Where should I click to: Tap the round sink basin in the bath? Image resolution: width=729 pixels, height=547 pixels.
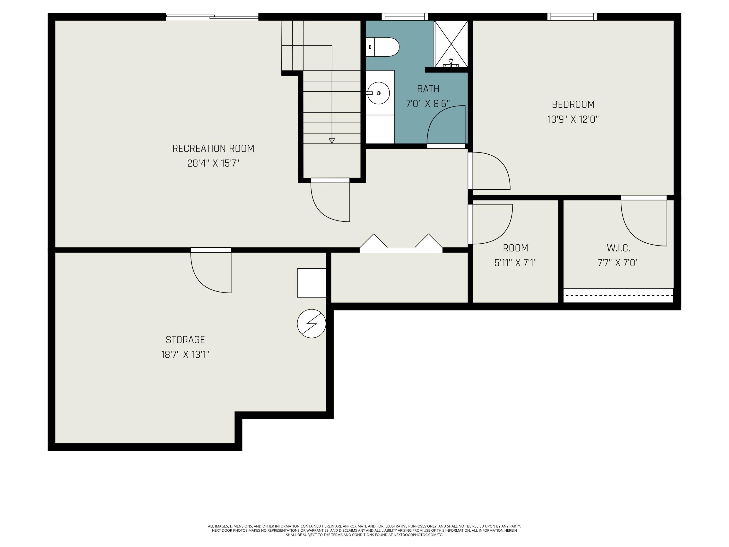(x=378, y=93)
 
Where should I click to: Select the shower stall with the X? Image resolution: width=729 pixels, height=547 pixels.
(x=451, y=44)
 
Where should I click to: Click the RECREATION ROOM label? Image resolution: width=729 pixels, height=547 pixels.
(x=213, y=149)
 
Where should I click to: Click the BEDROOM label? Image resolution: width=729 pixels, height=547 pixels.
(x=573, y=105)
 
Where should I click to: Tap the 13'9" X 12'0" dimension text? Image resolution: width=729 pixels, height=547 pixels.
(x=573, y=119)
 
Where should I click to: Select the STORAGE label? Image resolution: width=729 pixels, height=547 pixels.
(x=185, y=340)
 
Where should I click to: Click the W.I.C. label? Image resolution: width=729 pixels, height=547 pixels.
(x=618, y=248)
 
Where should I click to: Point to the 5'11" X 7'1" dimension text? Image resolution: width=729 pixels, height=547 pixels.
(x=515, y=263)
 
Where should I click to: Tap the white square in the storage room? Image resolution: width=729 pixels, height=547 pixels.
(x=312, y=283)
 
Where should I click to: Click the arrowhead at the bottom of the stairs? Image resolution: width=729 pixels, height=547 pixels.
(x=332, y=141)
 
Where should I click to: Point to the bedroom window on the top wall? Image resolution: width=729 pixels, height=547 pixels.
(x=572, y=17)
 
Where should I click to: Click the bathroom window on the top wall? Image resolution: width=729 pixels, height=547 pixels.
(x=405, y=17)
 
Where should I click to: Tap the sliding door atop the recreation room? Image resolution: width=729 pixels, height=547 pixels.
(x=212, y=17)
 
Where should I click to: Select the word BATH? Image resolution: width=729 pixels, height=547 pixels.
(x=428, y=89)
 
